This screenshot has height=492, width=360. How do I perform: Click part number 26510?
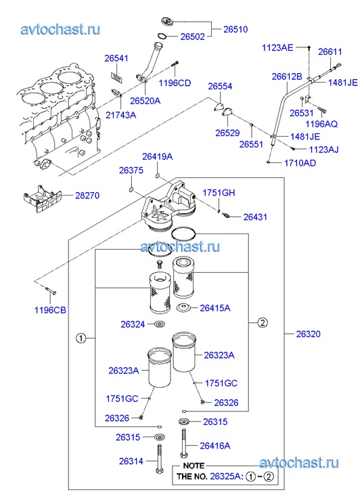click(235, 29)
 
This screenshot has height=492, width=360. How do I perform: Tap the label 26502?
click(192, 37)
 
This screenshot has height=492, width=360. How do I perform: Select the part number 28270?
click(87, 196)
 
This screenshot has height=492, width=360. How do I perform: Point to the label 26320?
click(308, 334)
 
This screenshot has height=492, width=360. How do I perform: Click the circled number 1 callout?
click(81, 338)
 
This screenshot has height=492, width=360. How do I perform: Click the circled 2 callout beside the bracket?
click(263, 322)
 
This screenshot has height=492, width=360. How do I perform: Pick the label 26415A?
click(215, 308)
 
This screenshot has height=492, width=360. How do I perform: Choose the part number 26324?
click(133, 324)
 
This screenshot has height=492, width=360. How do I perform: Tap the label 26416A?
click(215, 445)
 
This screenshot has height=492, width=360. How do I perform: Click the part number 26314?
click(131, 462)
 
